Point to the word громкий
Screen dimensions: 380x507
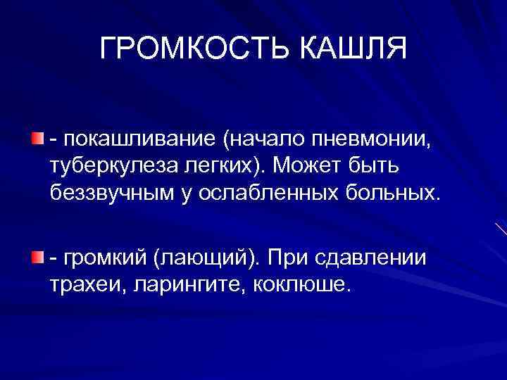(103, 258)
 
